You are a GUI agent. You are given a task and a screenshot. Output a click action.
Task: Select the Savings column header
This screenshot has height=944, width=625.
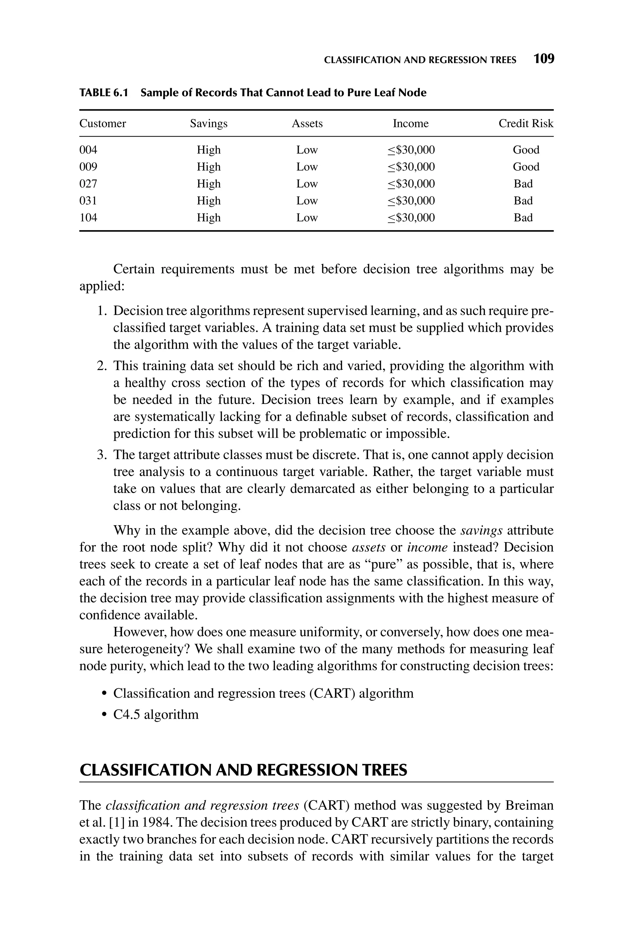click(x=208, y=124)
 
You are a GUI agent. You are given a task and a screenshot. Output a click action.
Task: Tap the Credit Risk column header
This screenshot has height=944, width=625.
click(x=526, y=124)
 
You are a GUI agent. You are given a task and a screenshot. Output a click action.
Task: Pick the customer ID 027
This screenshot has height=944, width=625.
click(x=88, y=184)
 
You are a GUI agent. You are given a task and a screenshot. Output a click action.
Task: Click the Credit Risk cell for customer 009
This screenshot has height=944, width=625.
click(x=526, y=167)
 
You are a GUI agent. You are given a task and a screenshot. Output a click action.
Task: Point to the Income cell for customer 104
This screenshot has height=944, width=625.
click(x=411, y=218)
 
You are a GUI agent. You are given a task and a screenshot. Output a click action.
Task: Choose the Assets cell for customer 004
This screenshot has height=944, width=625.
click(x=307, y=150)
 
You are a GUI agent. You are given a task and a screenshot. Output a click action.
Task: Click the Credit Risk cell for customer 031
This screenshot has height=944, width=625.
click(x=523, y=201)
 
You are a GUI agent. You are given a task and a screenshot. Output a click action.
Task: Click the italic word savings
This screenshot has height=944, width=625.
click(x=481, y=531)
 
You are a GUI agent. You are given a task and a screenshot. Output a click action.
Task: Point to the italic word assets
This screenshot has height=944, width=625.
click(x=369, y=548)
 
